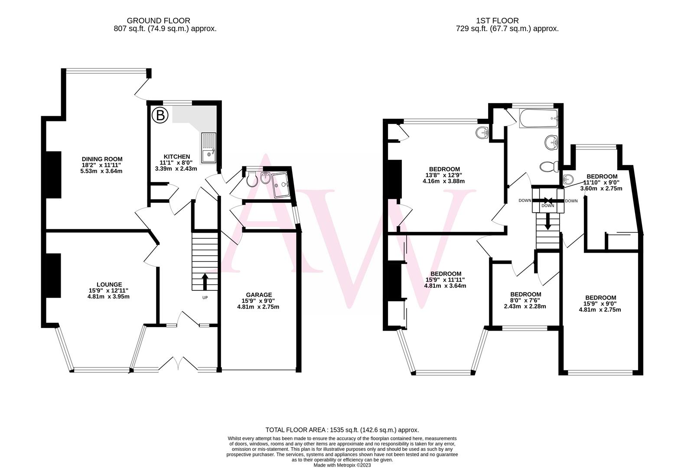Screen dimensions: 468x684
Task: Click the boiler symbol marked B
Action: click(160, 115)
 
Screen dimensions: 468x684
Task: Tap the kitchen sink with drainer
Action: click(209, 147)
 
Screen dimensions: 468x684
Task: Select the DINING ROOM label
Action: click(102, 159)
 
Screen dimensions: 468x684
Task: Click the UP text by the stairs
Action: click(205, 298)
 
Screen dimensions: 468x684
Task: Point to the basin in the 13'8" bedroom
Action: click(482, 132)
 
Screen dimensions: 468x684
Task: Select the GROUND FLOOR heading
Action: click(158, 20)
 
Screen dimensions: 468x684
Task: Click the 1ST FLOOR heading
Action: click(497, 20)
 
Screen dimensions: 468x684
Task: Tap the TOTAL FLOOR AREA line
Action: click(342, 430)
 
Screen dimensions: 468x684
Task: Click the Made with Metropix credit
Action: click(342, 465)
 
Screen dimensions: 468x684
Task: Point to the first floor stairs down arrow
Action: click(548, 223)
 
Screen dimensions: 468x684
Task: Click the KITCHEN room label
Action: click(176, 156)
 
